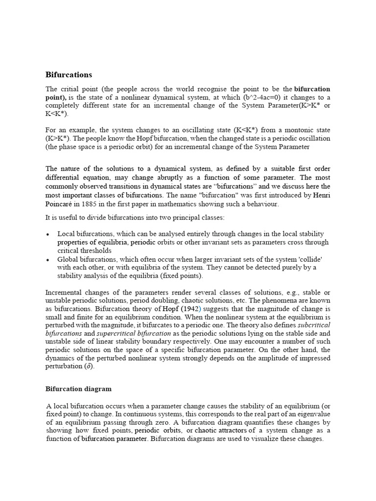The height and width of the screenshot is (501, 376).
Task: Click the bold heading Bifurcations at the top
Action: [x=69, y=75]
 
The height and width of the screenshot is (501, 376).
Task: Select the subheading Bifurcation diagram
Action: [x=78, y=389]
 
